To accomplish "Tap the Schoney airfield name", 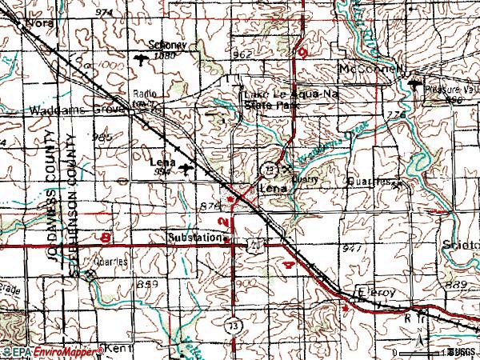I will [x=166, y=46].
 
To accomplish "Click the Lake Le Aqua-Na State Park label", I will [x=284, y=98].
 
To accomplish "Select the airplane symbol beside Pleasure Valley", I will [x=414, y=83].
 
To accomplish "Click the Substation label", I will [x=194, y=238].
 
